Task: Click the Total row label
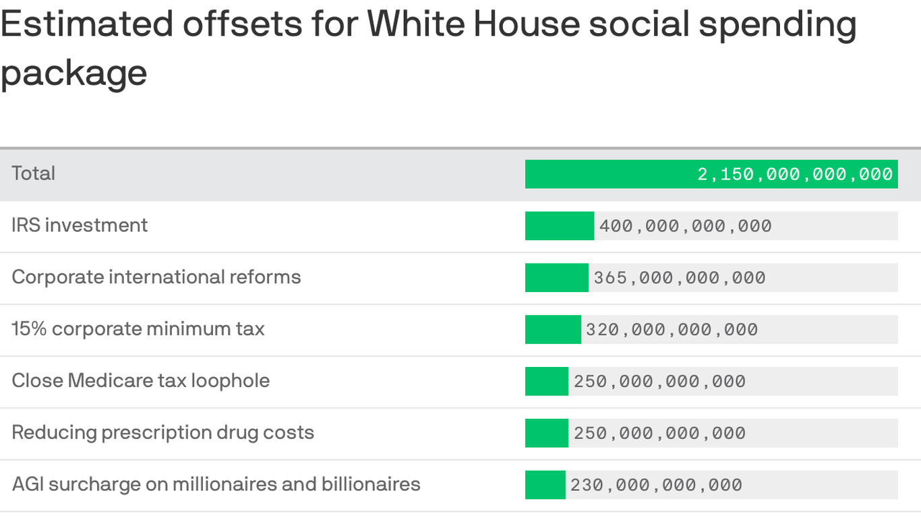(x=33, y=173)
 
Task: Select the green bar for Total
(x=607, y=174)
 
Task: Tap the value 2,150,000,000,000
(x=795, y=175)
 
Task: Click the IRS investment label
(x=80, y=225)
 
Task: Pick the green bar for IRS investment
(x=559, y=226)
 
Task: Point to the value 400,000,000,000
(x=685, y=226)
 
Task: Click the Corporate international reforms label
(x=156, y=277)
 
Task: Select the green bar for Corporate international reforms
(x=556, y=278)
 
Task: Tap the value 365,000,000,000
(x=679, y=278)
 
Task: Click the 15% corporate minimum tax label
(x=138, y=329)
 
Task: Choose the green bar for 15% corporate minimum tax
(x=553, y=330)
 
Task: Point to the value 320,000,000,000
(x=672, y=330)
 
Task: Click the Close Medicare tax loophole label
(x=141, y=380)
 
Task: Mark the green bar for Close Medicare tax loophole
(x=546, y=381)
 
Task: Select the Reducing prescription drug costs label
(x=163, y=432)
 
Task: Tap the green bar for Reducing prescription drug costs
(x=546, y=433)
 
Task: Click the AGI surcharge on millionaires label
(x=216, y=484)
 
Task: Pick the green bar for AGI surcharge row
(x=545, y=485)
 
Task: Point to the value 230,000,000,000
(x=656, y=485)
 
